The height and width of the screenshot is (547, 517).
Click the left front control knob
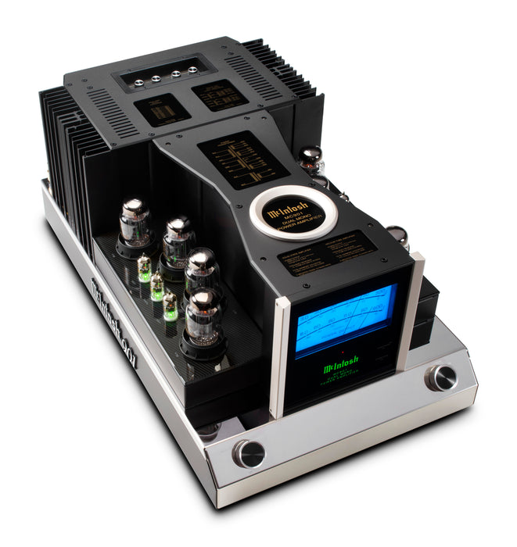click(x=249, y=453)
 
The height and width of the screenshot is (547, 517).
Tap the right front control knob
click(x=441, y=377)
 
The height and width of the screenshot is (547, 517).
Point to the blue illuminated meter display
click(x=345, y=320)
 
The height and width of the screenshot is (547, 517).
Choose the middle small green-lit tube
click(x=157, y=286)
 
